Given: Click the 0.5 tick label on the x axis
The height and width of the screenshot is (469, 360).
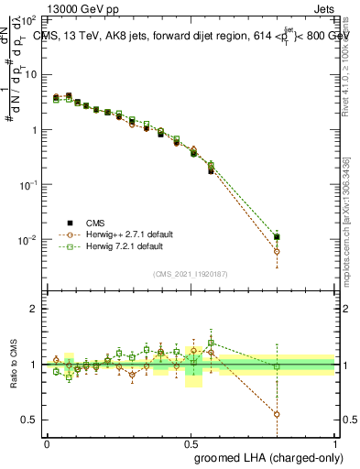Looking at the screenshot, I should point(191,443).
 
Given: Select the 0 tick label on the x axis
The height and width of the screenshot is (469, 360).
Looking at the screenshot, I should point(48,443).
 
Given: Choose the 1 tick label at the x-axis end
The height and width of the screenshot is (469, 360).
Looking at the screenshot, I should point(334,443).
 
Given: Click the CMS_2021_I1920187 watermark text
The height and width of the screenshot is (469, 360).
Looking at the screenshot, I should point(191,274).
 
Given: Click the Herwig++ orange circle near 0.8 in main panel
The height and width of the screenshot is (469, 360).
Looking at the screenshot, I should point(277,251).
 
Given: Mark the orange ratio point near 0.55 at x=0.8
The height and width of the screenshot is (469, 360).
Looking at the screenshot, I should point(277,414).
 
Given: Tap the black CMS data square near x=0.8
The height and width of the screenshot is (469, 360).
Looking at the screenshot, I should point(277,236).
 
